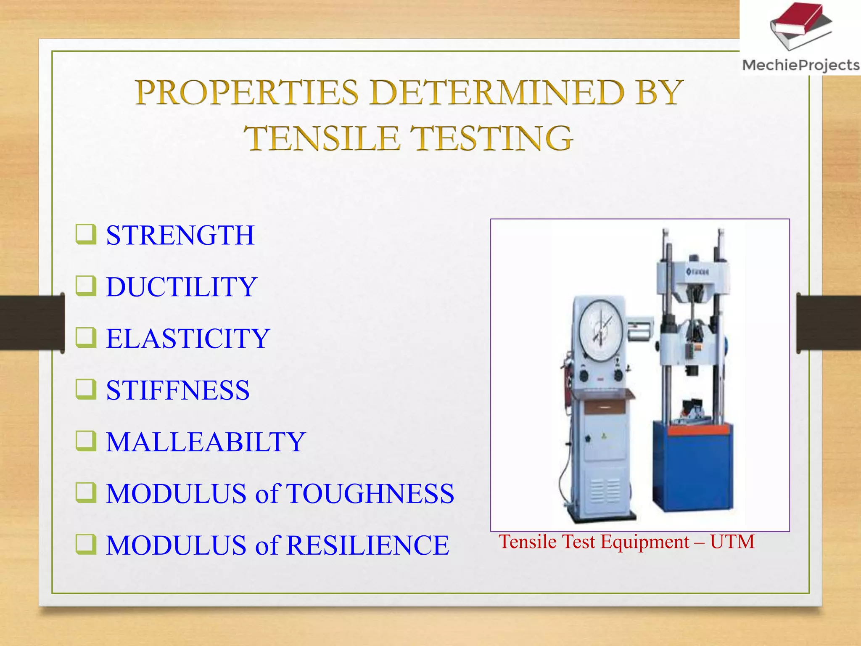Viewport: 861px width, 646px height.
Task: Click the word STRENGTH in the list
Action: [x=180, y=235]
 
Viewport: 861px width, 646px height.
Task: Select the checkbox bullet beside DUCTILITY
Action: [x=86, y=286]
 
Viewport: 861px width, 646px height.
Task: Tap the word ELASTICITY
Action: [x=188, y=339]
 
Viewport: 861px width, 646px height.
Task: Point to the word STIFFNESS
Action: [x=177, y=390]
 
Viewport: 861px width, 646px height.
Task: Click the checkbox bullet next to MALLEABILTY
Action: [x=86, y=441]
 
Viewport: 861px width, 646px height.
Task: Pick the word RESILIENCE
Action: [x=368, y=545]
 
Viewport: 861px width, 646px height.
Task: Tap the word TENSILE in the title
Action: [x=322, y=138]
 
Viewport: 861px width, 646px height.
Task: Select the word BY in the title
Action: [x=659, y=93]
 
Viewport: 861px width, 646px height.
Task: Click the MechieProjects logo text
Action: [x=800, y=65]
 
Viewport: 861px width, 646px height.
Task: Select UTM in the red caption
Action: [x=732, y=542]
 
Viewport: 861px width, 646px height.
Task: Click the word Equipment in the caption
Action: [x=645, y=542]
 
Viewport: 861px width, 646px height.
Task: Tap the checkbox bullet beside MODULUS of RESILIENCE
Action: [x=86, y=544]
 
